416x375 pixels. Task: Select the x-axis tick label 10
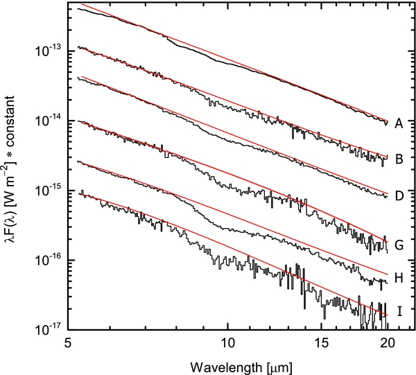coord(227,343)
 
